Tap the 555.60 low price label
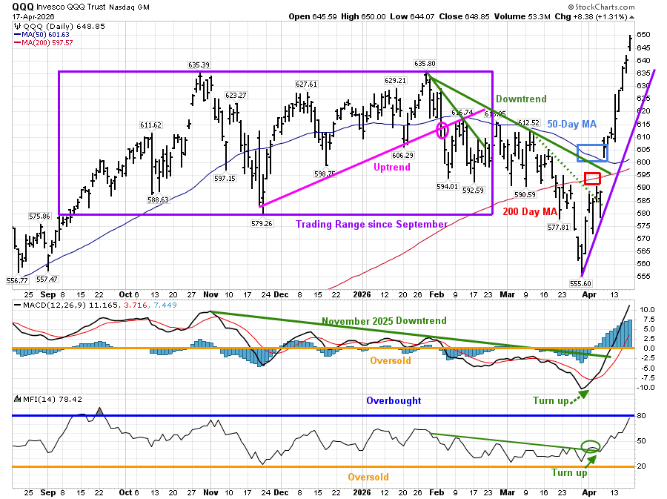tap(579, 283)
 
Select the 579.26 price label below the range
tap(262, 222)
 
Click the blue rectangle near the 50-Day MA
tap(592, 153)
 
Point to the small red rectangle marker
tap(592, 179)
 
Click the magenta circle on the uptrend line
tap(443, 130)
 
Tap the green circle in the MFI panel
tap(591, 446)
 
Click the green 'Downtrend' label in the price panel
tap(521, 99)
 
